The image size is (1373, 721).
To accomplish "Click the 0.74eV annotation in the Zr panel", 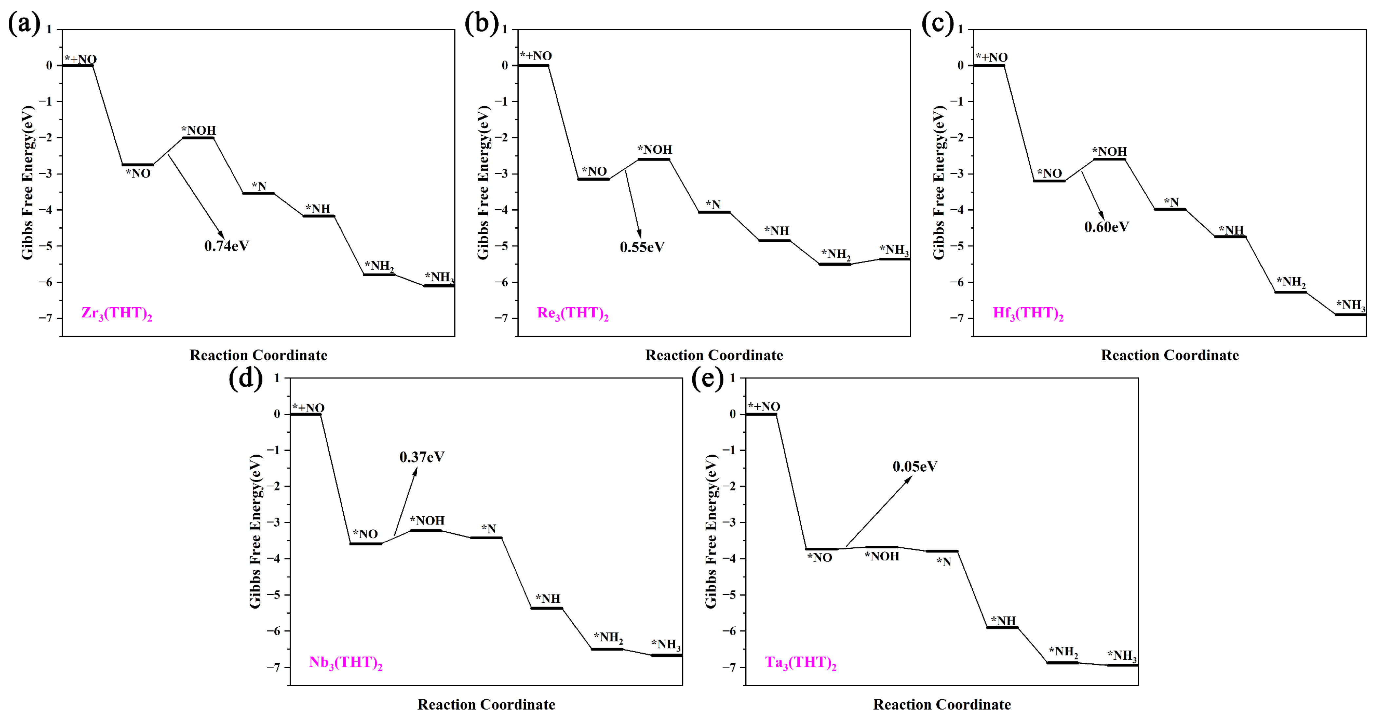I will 226,246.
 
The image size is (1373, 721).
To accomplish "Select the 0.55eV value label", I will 642,247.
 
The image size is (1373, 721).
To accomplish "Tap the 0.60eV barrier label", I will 1107,227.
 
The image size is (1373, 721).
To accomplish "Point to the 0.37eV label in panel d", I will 422,457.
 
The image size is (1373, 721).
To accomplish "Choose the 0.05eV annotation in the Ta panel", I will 915,466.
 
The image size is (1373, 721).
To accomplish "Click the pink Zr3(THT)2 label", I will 117,313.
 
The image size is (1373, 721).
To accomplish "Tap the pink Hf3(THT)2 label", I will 1028,313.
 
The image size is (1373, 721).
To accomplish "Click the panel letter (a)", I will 24,24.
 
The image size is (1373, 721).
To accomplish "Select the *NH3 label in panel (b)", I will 894,250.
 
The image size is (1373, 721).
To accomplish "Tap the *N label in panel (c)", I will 1171,202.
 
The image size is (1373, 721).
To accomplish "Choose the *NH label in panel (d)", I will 548,599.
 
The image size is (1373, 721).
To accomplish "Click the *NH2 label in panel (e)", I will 1063,652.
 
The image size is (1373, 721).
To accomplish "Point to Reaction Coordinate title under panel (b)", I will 714,355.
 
